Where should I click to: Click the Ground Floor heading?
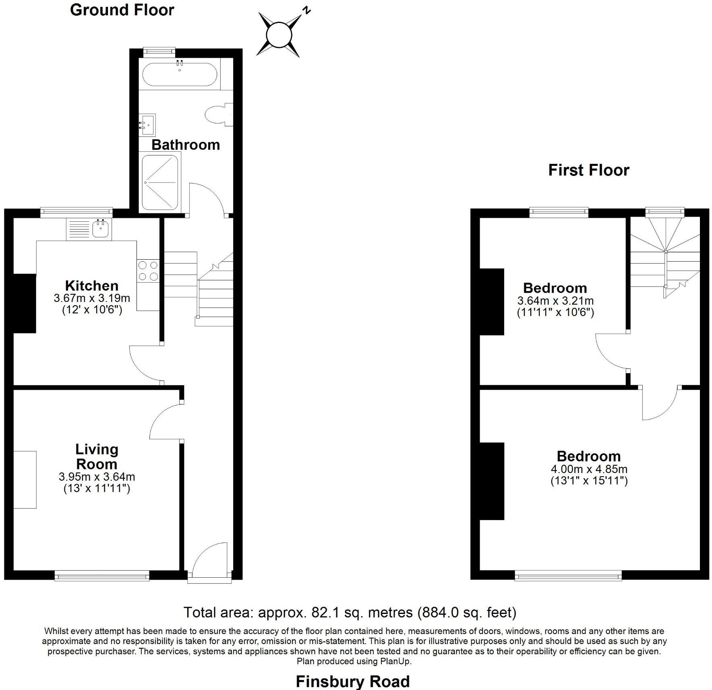pyautogui.click(x=122, y=10)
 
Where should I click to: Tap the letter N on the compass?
pyautogui.click(x=307, y=10)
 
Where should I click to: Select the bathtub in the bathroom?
pyautogui.click(x=180, y=74)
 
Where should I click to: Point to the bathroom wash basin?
pyautogui.click(x=147, y=124)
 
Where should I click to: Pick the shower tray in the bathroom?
pyautogui.click(x=160, y=182)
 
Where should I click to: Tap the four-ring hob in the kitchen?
pyautogui.click(x=148, y=271)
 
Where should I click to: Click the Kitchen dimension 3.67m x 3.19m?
pyautogui.click(x=92, y=298)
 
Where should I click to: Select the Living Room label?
pyautogui.click(x=97, y=457)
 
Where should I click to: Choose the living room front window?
pyautogui.click(x=102, y=577)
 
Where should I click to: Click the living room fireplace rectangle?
pyautogui.click(x=25, y=479)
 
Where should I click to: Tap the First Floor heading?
pyautogui.click(x=588, y=170)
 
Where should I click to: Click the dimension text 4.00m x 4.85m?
pyautogui.click(x=589, y=469)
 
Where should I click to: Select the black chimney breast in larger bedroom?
pyautogui.click(x=492, y=481)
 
